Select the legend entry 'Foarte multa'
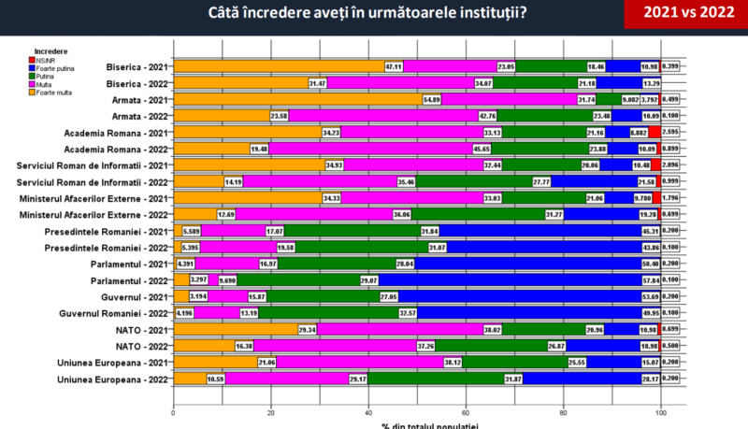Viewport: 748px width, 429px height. click(x=58, y=92)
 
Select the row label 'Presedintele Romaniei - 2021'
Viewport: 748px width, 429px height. click(x=107, y=231)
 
